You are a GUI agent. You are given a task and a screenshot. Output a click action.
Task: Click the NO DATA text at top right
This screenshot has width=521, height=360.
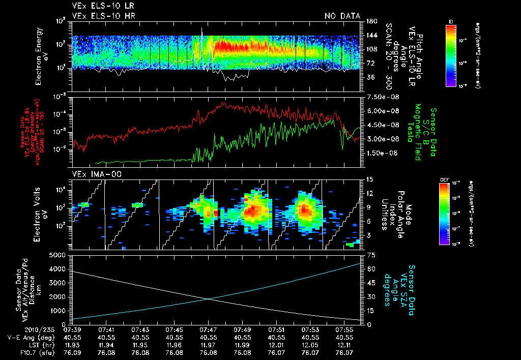coord(342,16)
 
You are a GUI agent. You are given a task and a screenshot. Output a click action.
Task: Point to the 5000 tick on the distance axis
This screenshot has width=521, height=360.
coord(60,255)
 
